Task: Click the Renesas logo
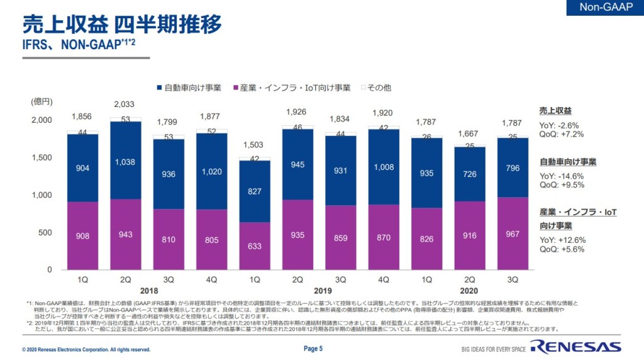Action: [x=575, y=347]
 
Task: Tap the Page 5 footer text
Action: [x=313, y=349]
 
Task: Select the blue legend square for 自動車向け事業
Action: [x=160, y=87]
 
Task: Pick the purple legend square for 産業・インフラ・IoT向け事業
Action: [x=236, y=87]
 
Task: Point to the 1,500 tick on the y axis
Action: [x=42, y=157]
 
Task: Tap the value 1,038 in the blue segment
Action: [x=125, y=162]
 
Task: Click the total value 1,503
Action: [x=253, y=145]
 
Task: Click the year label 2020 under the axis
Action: [x=469, y=291]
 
